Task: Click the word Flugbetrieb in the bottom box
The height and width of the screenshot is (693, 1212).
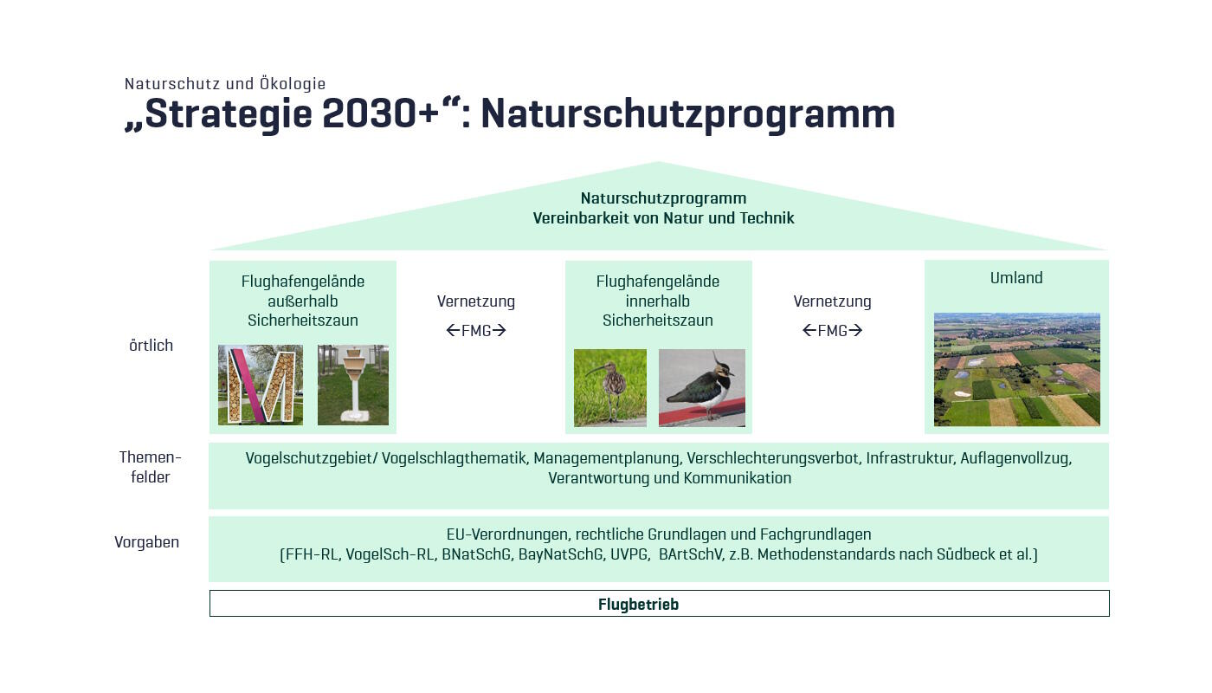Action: [638, 605]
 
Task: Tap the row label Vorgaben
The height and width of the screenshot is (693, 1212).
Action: [147, 542]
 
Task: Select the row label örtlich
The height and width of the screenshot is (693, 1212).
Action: [151, 346]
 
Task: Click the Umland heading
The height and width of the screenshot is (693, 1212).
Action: [1016, 278]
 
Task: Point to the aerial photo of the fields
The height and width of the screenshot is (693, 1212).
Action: [1016, 370]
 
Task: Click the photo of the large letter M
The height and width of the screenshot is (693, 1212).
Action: [261, 385]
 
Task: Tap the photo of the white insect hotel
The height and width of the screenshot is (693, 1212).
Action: [353, 385]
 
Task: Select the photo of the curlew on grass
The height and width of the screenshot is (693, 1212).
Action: [610, 388]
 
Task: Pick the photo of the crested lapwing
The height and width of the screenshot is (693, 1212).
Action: [702, 388]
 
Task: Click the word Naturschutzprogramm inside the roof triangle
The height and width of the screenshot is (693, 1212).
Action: [663, 198]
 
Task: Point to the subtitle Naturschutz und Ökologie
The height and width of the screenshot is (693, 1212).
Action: [225, 84]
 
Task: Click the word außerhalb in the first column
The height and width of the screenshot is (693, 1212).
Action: [303, 301]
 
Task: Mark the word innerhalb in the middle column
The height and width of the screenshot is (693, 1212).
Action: [658, 301]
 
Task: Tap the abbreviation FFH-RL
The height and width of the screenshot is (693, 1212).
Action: [311, 554]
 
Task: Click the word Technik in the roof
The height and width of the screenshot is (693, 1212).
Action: [767, 218]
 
